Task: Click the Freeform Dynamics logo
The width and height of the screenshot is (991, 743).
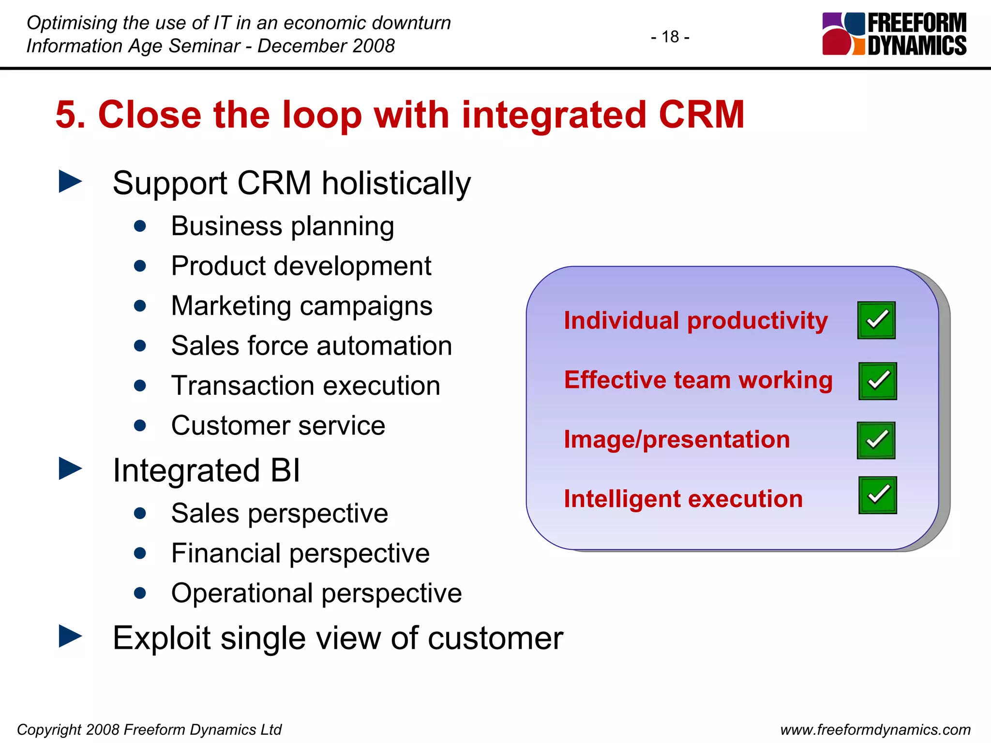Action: tap(894, 34)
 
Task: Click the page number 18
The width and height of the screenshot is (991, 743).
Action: tap(670, 37)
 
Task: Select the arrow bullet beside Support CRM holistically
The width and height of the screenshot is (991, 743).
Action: tap(70, 181)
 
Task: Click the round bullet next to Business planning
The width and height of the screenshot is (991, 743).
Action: tap(140, 226)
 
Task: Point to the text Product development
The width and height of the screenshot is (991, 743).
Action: tap(301, 266)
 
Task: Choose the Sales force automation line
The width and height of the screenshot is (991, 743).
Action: tap(311, 346)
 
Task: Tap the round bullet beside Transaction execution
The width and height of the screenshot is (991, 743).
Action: tap(140, 386)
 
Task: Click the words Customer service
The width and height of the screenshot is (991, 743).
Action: tap(278, 426)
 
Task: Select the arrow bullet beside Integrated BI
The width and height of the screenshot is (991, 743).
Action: tap(70, 469)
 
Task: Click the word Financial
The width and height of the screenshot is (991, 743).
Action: tap(225, 553)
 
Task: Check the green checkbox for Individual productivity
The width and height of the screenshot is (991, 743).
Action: tap(876, 320)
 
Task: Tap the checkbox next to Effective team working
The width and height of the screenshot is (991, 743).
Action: tap(877, 381)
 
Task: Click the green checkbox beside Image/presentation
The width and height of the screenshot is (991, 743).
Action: tap(876, 440)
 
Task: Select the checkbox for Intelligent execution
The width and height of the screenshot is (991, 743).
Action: tap(877, 495)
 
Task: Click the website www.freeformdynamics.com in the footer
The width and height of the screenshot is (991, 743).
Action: tap(875, 729)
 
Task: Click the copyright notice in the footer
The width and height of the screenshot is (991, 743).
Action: tap(149, 729)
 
